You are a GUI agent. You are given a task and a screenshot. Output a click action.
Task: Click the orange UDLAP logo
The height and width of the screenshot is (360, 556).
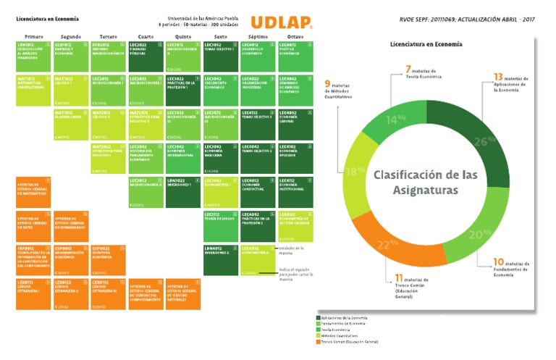281,22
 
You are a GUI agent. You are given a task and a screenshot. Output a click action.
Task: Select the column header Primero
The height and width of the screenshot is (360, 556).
33,35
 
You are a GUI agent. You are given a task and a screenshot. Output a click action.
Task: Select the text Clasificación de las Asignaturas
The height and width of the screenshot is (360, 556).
416,182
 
